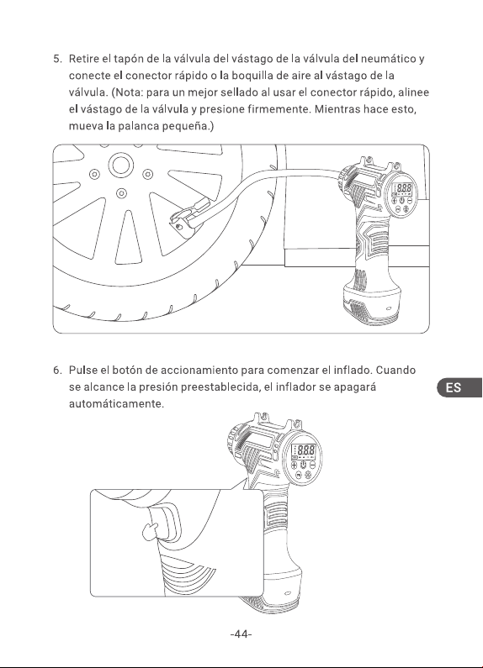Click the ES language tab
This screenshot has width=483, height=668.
[x=459, y=387]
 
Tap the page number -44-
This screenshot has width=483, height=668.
[x=241, y=634]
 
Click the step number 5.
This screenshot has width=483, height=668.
[x=57, y=59]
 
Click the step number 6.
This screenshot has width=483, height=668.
[x=57, y=371]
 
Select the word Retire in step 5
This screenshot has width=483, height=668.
[x=82, y=59]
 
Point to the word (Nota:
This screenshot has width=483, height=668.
[x=127, y=92]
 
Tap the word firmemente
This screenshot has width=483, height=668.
[x=279, y=109]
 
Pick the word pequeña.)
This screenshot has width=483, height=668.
[x=188, y=127]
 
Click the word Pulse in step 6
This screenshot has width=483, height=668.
[x=82, y=371]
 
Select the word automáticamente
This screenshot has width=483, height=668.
[x=116, y=404]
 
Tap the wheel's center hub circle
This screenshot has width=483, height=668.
[x=121, y=165]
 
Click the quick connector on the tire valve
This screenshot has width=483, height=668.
[x=188, y=216]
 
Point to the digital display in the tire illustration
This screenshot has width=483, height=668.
[x=402, y=188]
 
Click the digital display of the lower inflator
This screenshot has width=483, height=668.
[x=303, y=450]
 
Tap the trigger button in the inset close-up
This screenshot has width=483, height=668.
[x=164, y=523]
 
